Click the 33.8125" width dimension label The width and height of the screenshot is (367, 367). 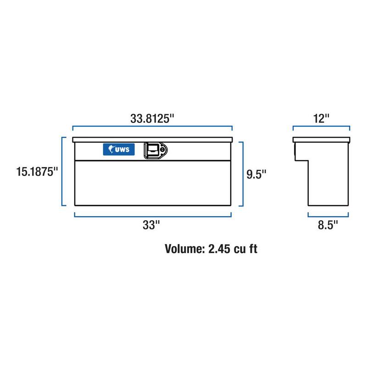pyautogui.click(x=152, y=118)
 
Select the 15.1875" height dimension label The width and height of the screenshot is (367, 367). pyautogui.click(x=37, y=172)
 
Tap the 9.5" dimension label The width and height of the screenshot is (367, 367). pyautogui.click(x=256, y=174)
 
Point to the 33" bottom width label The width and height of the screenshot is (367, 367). pyautogui.click(x=151, y=225)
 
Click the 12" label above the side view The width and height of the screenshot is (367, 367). pyautogui.click(x=321, y=118)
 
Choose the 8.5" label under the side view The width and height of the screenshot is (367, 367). pyautogui.click(x=328, y=225)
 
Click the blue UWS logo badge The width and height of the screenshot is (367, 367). pyautogui.click(x=119, y=150)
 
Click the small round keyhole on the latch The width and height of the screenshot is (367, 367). pyautogui.click(x=162, y=150)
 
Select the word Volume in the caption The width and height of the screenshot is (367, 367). pyautogui.click(x=185, y=249)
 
